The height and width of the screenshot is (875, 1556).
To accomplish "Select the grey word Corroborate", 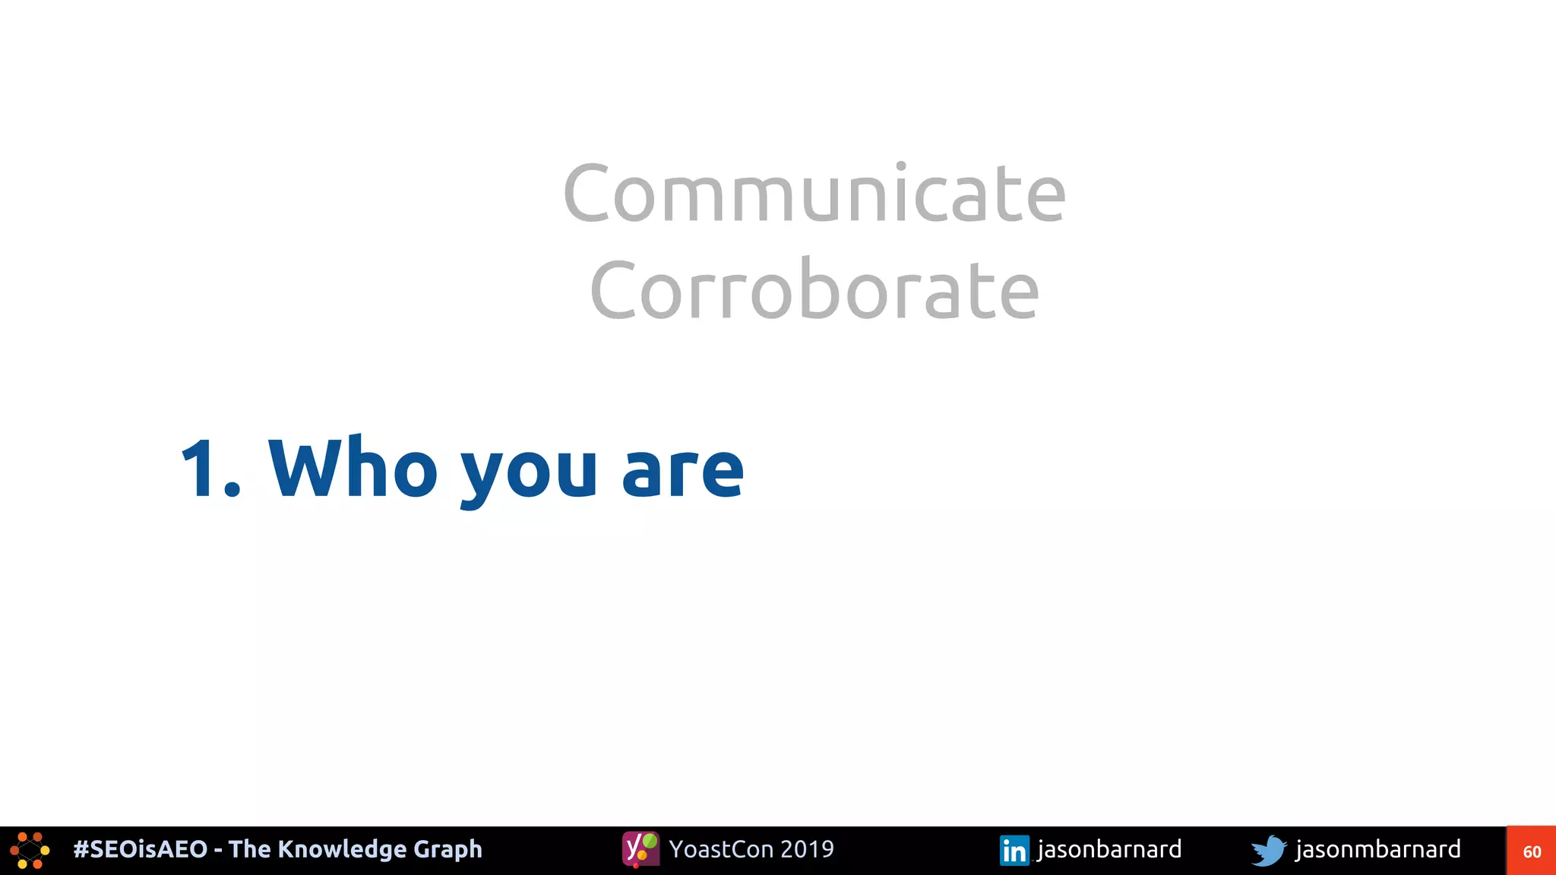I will click(814, 290).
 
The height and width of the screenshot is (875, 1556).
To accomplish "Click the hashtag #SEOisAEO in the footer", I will click(140, 849).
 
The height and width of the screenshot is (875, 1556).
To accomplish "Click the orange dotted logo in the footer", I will click(30, 851).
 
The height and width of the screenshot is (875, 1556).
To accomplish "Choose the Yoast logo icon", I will click(640, 849).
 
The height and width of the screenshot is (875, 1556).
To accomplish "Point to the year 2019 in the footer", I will click(807, 849).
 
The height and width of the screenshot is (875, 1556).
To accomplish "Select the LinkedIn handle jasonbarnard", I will click(1109, 849).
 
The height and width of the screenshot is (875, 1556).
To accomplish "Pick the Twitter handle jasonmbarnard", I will click(1377, 849).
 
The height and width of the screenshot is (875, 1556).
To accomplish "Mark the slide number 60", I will click(1532, 851).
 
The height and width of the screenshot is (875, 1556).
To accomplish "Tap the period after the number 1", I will click(232, 490).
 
